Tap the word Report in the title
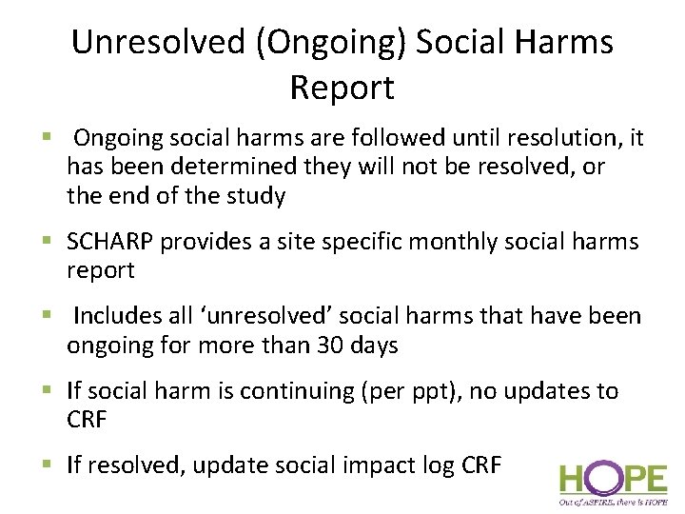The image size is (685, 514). point(342,88)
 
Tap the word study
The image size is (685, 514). point(251,197)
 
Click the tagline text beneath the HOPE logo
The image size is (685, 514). point(613,501)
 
